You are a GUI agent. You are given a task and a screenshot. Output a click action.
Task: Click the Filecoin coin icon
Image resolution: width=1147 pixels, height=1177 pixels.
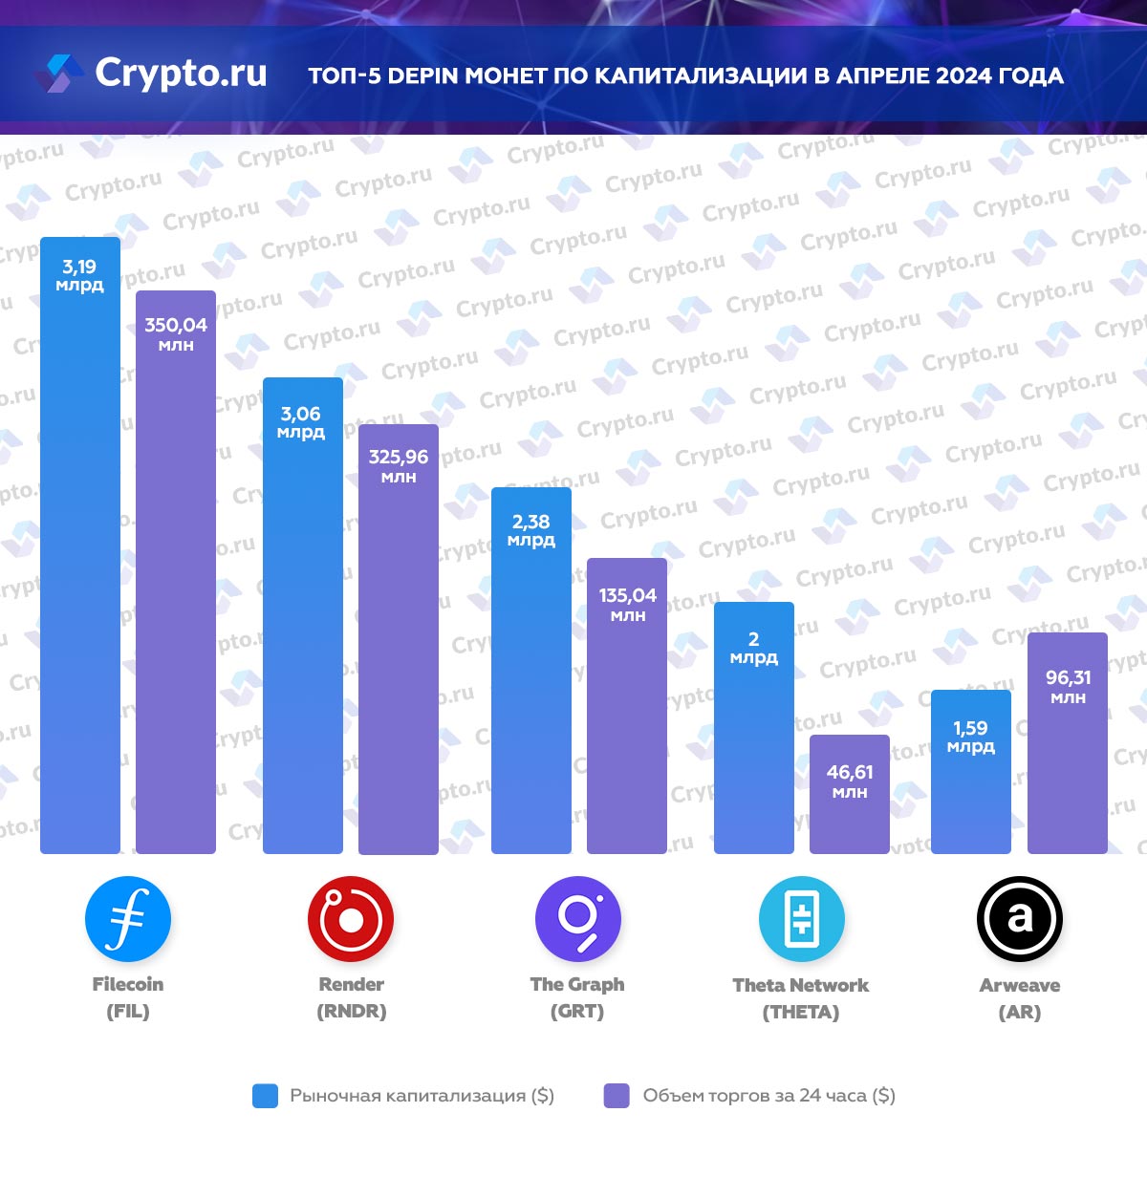coord(128,919)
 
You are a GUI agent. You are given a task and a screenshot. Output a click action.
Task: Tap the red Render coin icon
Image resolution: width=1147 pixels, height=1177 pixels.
coord(351,919)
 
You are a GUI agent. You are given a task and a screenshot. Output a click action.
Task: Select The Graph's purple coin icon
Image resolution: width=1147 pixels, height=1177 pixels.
coord(577,919)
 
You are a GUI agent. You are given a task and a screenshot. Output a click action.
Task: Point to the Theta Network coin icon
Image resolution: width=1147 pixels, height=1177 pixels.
coord(801,919)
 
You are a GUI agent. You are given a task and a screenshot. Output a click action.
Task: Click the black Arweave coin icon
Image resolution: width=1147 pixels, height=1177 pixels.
coord(1020,919)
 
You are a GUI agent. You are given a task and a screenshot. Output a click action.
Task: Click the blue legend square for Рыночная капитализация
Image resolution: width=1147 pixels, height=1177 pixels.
coord(265,1096)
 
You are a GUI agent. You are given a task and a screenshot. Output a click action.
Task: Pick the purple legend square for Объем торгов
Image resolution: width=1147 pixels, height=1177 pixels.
coord(617,1096)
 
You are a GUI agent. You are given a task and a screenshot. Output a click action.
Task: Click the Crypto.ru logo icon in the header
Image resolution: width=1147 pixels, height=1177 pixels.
coord(59,74)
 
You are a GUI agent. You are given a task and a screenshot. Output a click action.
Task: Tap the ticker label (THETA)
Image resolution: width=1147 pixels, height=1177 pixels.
coord(801,1012)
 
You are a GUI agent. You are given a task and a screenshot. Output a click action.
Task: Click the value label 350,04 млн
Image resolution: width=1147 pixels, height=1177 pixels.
coord(176,333)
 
